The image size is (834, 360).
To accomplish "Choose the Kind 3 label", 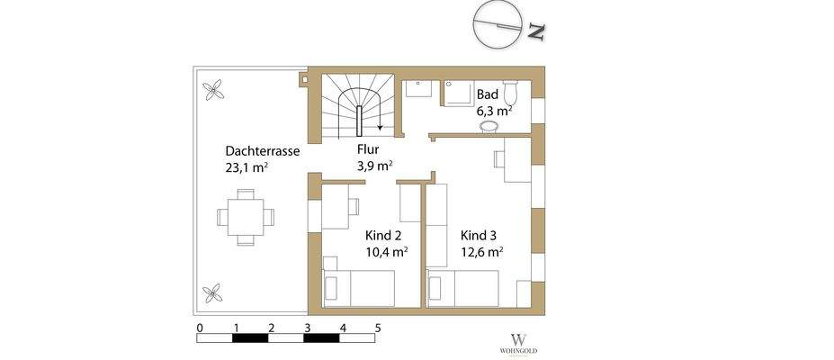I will (480, 235).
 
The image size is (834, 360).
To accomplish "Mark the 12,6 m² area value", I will (481, 252).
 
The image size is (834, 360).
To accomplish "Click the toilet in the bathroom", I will (512, 93).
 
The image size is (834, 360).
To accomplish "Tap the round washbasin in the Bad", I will (489, 129).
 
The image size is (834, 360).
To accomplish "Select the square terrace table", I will (246, 217).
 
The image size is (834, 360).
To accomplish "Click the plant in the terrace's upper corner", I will (214, 89).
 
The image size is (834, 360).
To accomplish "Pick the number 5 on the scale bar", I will (378, 328).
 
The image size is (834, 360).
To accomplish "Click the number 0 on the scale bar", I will (199, 328).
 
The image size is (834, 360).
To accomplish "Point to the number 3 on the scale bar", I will (307, 328).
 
